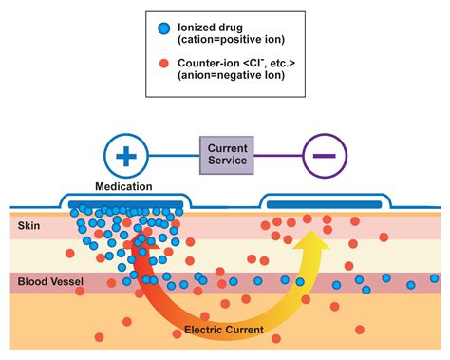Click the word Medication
pos(125,186)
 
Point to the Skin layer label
pos(29,226)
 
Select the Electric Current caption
pos(225,330)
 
